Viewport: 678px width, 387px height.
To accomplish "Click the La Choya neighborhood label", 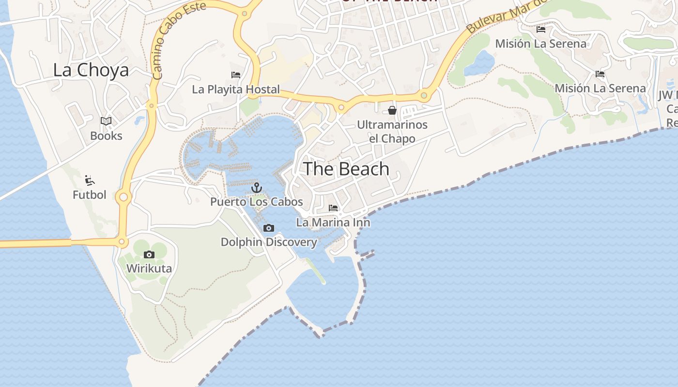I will coord(91,70).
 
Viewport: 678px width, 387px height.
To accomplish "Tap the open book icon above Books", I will coord(106,121).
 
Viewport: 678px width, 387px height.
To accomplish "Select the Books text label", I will coord(106,136).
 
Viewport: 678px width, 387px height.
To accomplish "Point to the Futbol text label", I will coord(89,195).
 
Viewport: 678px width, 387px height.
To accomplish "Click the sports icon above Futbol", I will coord(90,180).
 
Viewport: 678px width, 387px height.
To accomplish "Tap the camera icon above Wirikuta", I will coord(149,254).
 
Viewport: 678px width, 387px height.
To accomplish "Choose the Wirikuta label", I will coord(149,268).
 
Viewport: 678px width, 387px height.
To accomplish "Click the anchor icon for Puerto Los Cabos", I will coord(257,188).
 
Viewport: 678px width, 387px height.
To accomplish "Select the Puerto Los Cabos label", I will coord(257,202).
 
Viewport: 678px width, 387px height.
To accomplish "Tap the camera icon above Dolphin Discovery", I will coord(269,228).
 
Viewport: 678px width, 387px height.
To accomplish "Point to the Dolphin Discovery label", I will coord(269,242).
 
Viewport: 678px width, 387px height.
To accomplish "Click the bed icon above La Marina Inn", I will coord(333,208).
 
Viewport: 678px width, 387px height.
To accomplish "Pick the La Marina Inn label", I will coord(333,223).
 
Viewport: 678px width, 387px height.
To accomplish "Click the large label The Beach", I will coord(346,169).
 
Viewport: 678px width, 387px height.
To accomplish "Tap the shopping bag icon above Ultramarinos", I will coord(392,110).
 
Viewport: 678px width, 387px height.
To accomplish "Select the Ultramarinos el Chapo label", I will coord(392,132).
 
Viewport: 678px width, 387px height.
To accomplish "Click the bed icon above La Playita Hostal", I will coord(236,75).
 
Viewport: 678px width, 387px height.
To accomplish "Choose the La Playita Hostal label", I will coord(236,89).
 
